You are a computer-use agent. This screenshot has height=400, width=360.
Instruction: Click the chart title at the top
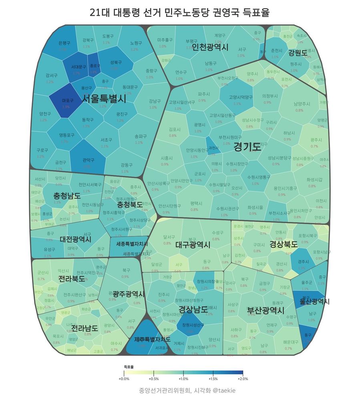point(180,12)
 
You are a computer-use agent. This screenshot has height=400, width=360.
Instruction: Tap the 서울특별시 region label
point(104,98)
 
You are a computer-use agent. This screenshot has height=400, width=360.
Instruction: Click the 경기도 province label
point(247,147)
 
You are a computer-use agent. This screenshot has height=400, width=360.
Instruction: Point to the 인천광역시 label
point(210,48)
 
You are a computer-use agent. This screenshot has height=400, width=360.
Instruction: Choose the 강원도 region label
point(298,52)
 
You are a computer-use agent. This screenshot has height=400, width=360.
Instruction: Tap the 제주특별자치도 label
point(153,340)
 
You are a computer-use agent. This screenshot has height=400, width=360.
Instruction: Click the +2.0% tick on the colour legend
point(243,378)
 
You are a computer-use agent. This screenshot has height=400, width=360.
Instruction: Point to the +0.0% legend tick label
point(124,378)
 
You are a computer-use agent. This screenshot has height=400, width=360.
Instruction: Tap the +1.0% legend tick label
point(183,378)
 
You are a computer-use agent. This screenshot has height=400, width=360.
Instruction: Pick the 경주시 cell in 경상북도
point(303,261)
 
